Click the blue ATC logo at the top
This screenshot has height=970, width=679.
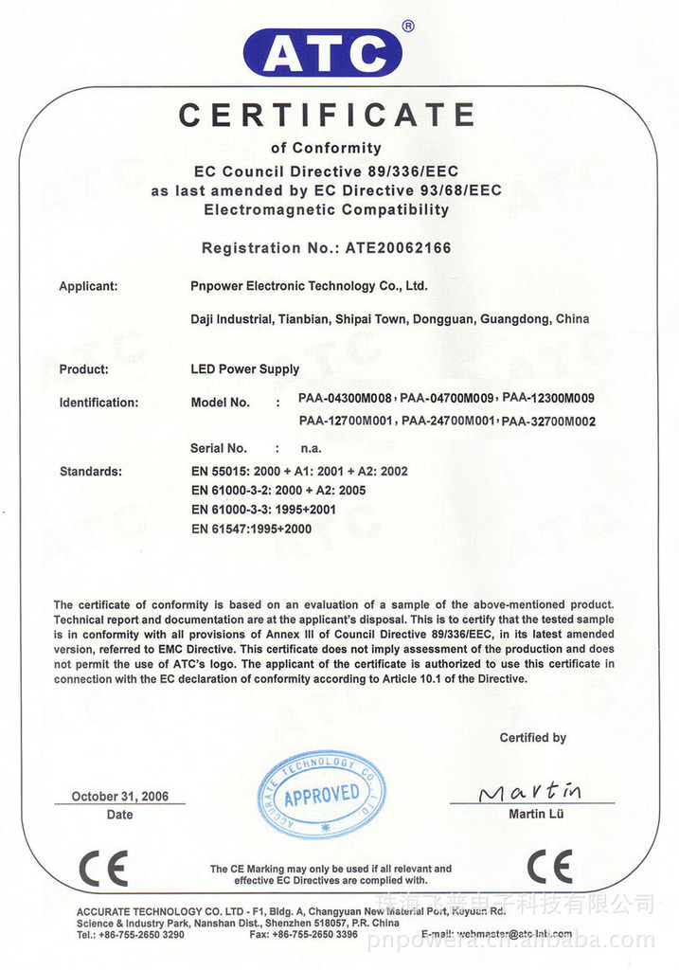coord(323,53)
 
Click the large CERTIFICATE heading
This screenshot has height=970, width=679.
coord(327,116)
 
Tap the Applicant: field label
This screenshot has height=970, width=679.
coord(88,286)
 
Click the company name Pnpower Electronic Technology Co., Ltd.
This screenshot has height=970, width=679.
coord(309,286)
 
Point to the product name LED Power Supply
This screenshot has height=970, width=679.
coord(244,369)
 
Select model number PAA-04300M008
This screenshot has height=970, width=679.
coord(345,399)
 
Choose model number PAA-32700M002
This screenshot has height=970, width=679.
coord(548,422)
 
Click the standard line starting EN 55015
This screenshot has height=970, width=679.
coord(299,471)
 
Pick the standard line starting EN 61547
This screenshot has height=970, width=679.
coord(251,529)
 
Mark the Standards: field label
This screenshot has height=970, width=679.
coord(90,471)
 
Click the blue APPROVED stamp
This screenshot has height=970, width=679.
coord(321,794)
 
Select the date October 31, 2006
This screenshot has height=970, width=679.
coord(120,797)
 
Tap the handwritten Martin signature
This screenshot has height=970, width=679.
coord(530,792)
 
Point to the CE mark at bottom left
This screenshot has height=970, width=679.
coord(102,868)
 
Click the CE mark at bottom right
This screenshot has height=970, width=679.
coord(549,867)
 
